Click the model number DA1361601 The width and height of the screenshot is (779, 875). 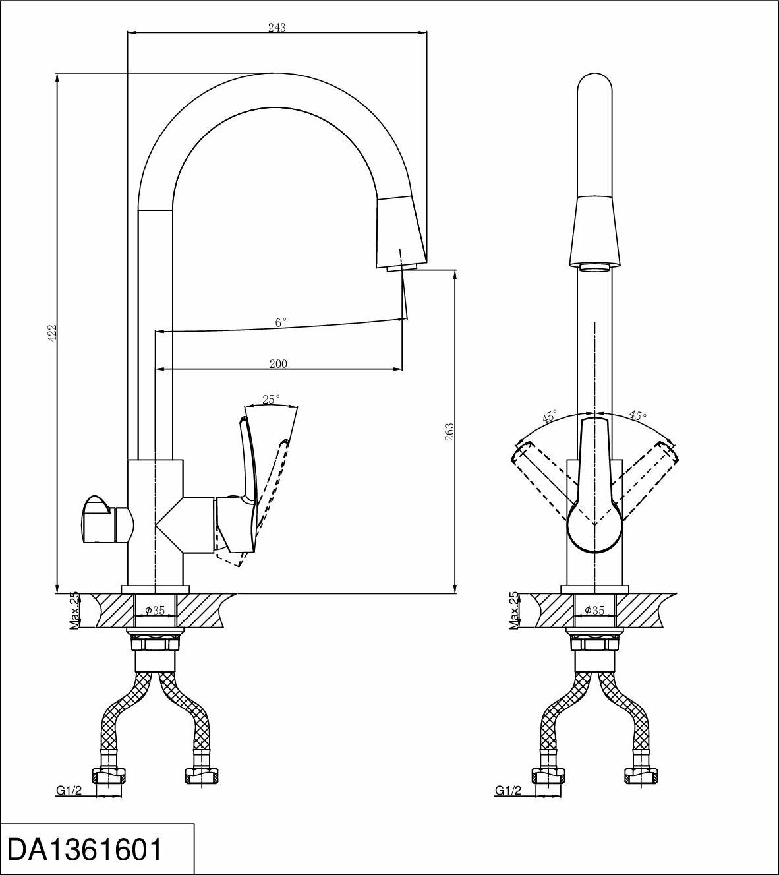click(x=84, y=849)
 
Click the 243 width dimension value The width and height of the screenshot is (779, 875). click(x=277, y=28)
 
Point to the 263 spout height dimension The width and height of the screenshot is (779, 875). click(x=449, y=431)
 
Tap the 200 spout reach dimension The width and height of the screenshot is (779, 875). click(x=278, y=363)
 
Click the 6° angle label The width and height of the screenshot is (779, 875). click(x=281, y=323)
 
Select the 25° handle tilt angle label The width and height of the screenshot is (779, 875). click(x=271, y=399)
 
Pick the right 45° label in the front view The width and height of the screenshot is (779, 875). click(x=637, y=415)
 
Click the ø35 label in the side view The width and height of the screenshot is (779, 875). click(x=156, y=611)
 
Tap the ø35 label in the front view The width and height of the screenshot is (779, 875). click(x=594, y=611)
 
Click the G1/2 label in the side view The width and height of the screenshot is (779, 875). click(x=69, y=791)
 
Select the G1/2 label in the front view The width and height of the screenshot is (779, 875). click(x=508, y=791)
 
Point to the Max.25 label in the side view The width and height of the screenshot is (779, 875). click(x=74, y=610)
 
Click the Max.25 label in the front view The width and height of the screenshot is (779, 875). click(x=514, y=610)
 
